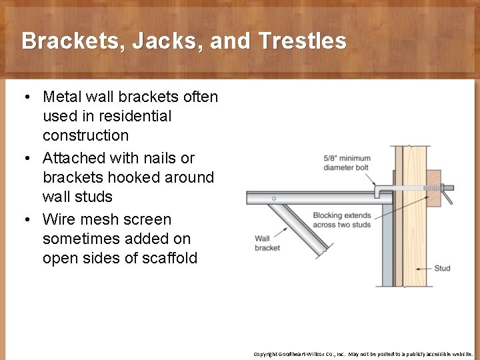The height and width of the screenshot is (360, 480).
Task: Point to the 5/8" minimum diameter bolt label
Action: [347, 163]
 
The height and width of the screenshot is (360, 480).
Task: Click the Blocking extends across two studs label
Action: [341, 219]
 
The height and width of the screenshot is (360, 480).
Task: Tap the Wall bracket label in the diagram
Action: [267, 243]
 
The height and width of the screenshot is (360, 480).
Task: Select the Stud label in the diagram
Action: [442, 268]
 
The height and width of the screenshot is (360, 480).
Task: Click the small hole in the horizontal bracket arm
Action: [274, 198]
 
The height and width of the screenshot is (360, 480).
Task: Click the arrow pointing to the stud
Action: [421, 269]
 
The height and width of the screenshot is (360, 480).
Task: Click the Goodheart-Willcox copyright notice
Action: [363, 353]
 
